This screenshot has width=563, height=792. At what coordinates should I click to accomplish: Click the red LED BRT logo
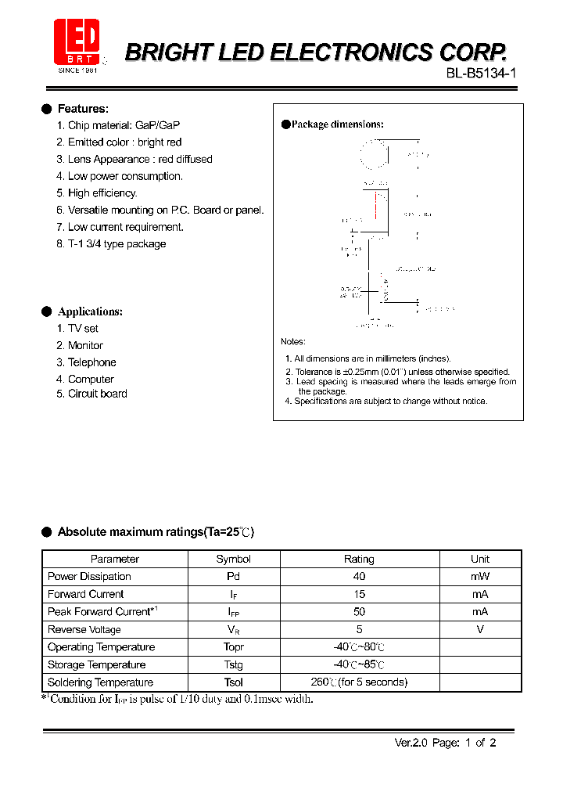click(77, 43)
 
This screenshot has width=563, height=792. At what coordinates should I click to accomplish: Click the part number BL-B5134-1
click(481, 74)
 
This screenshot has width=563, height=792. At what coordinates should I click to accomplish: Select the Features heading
click(83, 109)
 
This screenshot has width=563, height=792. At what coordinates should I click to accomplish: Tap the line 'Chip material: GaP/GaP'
click(124, 125)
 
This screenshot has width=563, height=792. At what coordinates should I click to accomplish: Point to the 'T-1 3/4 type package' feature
click(117, 243)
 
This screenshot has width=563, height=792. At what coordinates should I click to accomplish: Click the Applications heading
click(90, 311)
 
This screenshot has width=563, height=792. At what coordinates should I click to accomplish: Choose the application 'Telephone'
click(91, 362)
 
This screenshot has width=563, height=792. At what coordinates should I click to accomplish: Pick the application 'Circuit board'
click(97, 394)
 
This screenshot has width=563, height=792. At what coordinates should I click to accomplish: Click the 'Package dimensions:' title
click(337, 124)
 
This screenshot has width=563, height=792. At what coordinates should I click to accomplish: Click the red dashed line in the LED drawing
click(375, 205)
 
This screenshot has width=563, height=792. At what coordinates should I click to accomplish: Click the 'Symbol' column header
click(233, 559)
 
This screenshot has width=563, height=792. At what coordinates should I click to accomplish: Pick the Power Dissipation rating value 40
click(359, 576)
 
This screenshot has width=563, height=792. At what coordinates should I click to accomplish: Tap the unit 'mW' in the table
click(480, 576)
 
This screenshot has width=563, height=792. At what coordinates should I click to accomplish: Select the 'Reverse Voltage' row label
click(84, 629)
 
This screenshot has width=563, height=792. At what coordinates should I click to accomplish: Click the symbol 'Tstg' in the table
click(233, 664)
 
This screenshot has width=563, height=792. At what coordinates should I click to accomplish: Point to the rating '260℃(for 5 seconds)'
click(359, 682)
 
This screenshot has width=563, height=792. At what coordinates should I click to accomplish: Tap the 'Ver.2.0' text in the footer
click(407, 743)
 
